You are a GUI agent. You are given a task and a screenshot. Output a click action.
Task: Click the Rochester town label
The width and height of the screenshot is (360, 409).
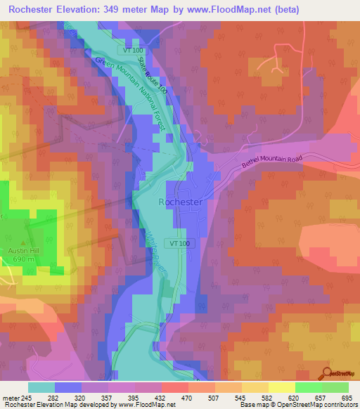[x=181, y=202]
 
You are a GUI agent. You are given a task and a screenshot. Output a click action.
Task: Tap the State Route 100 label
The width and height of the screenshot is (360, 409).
[x=153, y=77]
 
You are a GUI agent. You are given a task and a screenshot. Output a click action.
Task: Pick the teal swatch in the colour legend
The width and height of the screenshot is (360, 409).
[x=41, y=387]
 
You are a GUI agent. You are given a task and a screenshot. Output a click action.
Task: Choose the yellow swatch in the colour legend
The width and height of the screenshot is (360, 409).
[x=281, y=387]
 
